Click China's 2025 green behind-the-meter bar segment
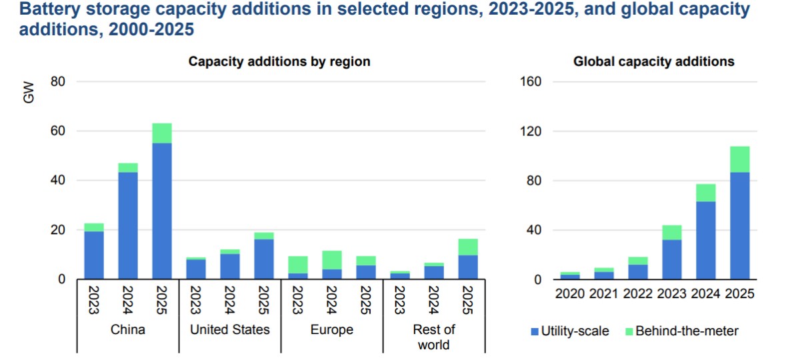click(x=162, y=133)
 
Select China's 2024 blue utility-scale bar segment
click(x=128, y=225)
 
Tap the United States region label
click(x=230, y=329)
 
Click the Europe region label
click(x=332, y=329)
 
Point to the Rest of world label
click(x=433, y=337)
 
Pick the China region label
click(x=128, y=329)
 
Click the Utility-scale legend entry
click(x=570, y=331)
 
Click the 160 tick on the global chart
click(x=533, y=82)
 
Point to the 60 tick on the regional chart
click(x=58, y=131)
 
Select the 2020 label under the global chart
click(x=570, y=294)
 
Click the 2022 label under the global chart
click(x=638, y=294)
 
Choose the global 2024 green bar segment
click(x=705, y=193)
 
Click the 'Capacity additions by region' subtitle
click(x=279, y=61)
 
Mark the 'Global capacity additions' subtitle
click(x=654, y=61)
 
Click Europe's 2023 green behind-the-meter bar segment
click(x=298, y=265)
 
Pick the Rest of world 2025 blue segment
click(x=467, y=267)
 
